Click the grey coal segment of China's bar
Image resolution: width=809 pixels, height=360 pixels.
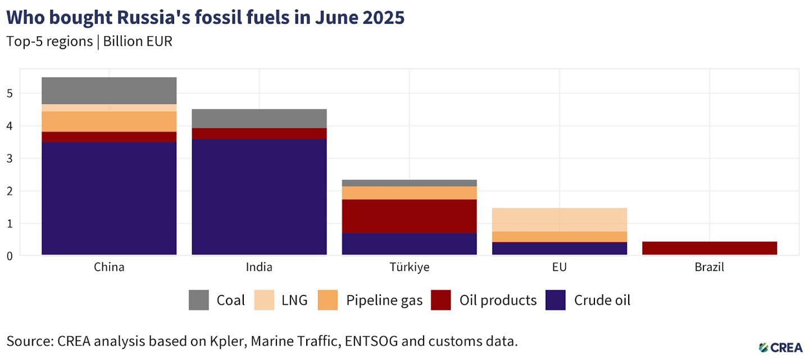click(x=109, y=90)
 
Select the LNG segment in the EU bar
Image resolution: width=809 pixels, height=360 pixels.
click(x=560, y=220)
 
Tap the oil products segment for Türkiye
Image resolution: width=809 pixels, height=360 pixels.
click(x=409, y=216)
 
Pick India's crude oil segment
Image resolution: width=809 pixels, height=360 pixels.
click(x=259, y=197)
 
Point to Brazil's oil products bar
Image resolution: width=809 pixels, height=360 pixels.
click(x=710, y=248)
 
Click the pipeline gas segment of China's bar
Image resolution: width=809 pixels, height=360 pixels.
click(x=109, y=122)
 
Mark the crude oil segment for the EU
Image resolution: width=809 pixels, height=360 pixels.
click(x=560, y=248)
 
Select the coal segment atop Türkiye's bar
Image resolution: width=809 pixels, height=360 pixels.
click(x=409, y=183)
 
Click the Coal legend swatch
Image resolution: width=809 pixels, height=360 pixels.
click(x=199, y=300)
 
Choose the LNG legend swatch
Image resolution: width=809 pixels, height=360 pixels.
click(x=264, y=300)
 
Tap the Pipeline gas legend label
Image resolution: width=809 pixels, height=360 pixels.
click(x=384, y=300)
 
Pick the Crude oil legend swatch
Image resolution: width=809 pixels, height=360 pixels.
click(x=556, y=300)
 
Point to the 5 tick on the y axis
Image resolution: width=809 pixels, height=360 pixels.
click(x=10, y=94)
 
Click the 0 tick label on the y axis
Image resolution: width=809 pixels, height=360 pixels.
click(x=10, y=256)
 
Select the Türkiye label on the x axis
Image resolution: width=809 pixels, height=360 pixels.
click(x=410, y=267)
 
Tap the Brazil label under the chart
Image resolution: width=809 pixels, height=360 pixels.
click(x=710, y=267)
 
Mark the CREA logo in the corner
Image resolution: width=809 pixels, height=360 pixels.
click(x=780, y=348)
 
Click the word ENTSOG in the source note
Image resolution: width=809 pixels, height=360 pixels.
click(x=371, y=341)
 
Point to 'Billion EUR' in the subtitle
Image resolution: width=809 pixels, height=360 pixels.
click(x=138, y=42)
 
